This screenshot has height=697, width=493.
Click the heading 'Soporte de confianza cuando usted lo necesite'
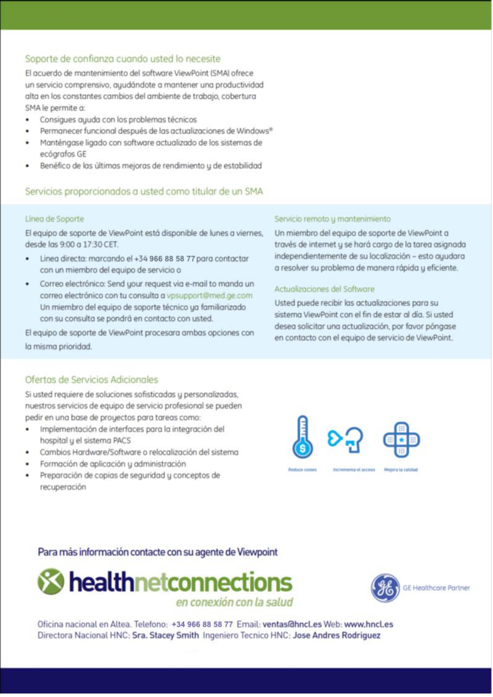pos(123,59)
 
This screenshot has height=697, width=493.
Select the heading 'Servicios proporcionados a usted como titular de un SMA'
pos(144,192)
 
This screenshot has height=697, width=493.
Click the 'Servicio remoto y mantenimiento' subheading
pos(332,219)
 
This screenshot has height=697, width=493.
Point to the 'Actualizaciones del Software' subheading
pos(324,289)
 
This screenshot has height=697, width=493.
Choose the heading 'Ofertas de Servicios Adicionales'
pos(91,380)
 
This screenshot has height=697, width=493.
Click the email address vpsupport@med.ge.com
pos(209,296)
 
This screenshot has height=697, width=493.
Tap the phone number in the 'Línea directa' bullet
pos(164,259)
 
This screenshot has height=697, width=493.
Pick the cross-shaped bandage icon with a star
pos(401,439)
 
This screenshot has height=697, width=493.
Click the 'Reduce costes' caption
pos(302,470)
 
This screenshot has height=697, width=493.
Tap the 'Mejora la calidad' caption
pos(401,470)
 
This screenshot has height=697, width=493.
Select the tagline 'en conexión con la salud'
pos(234,602)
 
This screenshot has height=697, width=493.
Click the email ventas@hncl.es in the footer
pos(292,624)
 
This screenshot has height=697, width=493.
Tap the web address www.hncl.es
pos(369,624)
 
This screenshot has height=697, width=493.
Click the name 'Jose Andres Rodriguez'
pos(336,635)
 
